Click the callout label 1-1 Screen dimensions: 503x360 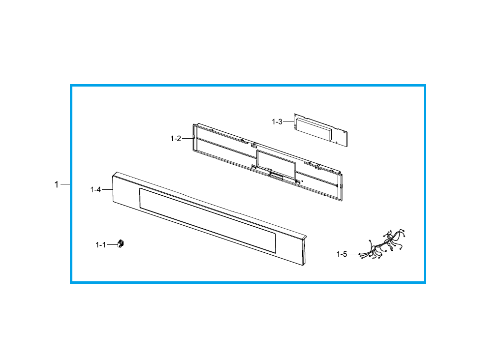(100, 245)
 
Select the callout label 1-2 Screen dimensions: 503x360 (176, 139)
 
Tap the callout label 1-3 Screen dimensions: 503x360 (277, 122)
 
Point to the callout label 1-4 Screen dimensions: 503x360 (95, 190)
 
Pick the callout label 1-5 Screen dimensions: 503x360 (342, 254)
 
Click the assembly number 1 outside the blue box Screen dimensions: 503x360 (57, 184)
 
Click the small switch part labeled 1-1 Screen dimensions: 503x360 (121, 243)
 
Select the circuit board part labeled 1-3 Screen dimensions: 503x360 (321, 130)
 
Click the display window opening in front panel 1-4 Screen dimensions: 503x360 (207, 220)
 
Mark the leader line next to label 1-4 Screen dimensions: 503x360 (107, 190)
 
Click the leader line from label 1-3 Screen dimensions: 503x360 (288, 121)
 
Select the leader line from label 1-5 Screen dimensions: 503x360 (353, 254)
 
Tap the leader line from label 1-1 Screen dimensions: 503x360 (112, 244)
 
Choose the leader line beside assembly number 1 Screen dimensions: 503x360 (65, 184)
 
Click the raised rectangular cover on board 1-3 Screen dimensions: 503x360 (314, 128)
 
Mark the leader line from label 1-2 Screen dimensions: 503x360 (188, 139)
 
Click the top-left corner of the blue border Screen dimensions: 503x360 (71, 85)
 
